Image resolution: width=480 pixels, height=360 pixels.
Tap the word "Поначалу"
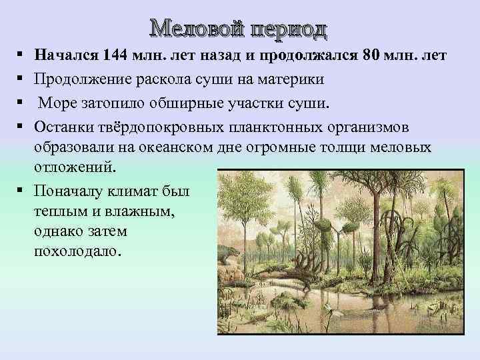pyautogui.click(x=68, y=191)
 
